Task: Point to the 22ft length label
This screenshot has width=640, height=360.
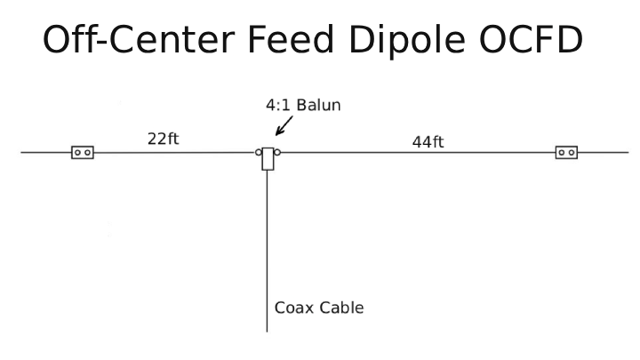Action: click(164, 139)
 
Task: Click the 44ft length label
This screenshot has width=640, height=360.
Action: click(428, 141)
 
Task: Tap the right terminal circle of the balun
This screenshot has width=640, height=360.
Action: click(277, 153)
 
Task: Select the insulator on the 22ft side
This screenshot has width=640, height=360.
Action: click(83, 153)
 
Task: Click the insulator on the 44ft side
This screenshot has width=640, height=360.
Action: click(566, 153)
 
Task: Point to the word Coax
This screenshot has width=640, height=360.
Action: click(292, 308)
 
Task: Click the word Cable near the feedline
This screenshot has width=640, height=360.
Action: click(340, 308)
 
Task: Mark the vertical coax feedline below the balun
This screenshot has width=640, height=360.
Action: click(267, 249)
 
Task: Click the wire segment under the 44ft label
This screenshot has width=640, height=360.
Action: click(418, 153)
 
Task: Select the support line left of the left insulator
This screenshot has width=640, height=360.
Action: click(44, 153)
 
